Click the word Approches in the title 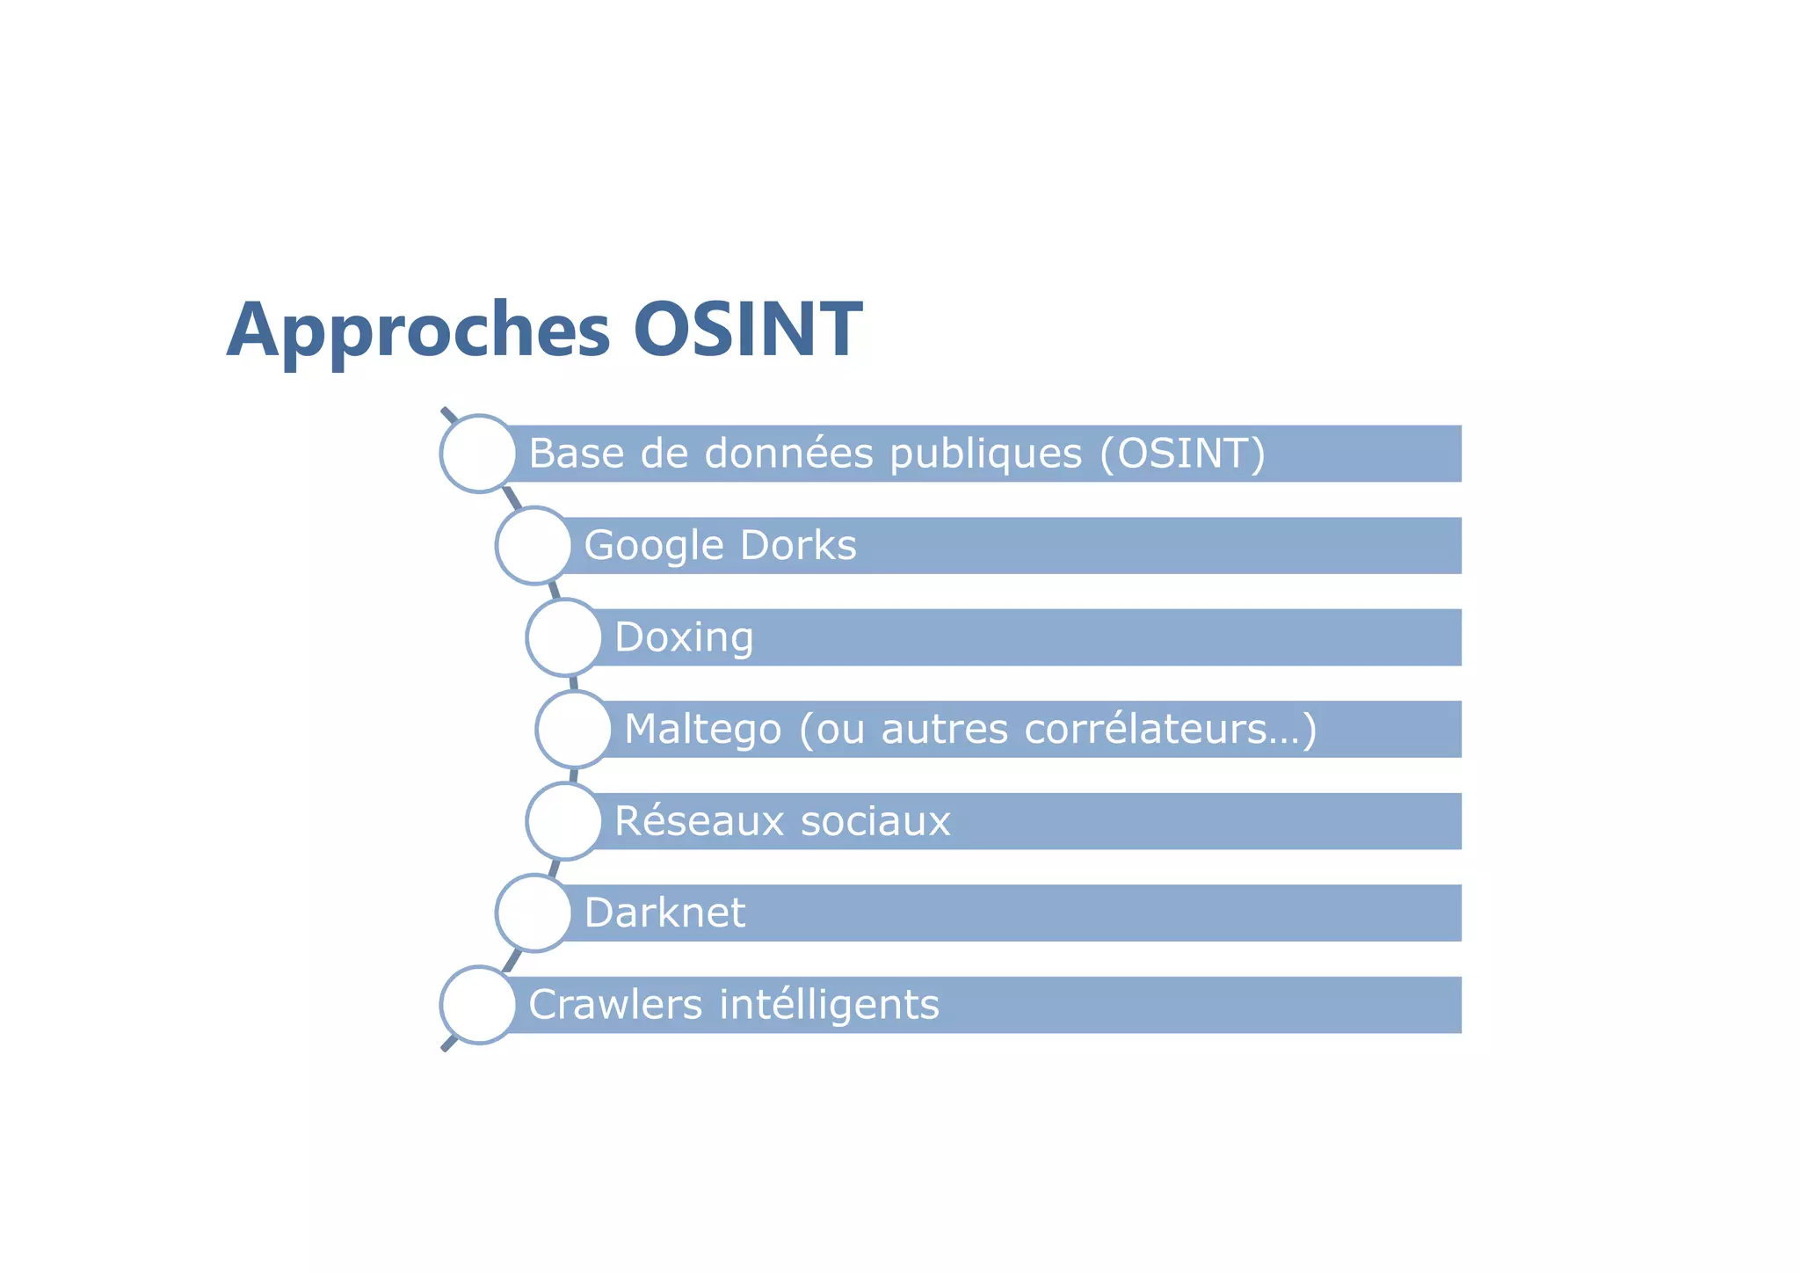click(x=417, y=331)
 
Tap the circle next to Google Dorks click(x=533, y=545)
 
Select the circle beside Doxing click(x=564, y=637)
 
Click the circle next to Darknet click(x=533, y=913)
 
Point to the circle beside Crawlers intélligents click(x=478, y=1005)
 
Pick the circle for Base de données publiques click(x=478, y=454)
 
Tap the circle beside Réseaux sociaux click(x=564, y=821)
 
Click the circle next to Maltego click(x=574, y=729)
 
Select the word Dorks click(x=797, y=546)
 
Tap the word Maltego click(x=702, y=730)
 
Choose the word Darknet click(x=664, y=913)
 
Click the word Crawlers click(x=615, y=1005)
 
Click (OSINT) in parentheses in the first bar click(x=1182, y=454)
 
